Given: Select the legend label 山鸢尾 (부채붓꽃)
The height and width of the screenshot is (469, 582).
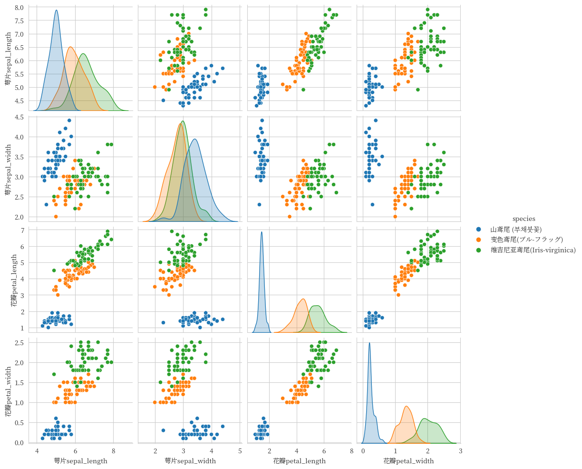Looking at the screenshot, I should pos(516,230).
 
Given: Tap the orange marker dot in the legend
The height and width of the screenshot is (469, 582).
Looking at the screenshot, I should pos(479,239).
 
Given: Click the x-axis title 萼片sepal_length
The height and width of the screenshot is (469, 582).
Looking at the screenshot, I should pos(80,461).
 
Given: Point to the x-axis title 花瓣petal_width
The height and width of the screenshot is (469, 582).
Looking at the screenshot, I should pos(408,461).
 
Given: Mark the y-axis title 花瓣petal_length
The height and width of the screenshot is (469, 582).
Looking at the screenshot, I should pos(14,279).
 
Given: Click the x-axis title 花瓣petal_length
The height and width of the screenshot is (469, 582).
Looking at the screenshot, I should pos(299,461).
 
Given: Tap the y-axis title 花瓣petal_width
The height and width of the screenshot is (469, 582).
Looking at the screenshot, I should pos(8,391).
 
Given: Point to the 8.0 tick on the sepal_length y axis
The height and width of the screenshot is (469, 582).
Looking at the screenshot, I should pos(19,8).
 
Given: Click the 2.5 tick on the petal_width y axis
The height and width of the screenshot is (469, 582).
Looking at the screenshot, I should pos(19,343).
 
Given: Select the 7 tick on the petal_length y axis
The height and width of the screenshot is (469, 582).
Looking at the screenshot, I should pos(22,230).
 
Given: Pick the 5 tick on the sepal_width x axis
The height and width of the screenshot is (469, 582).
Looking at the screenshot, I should pos(240,451).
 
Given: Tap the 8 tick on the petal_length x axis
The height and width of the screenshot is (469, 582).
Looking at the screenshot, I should pos(351,451).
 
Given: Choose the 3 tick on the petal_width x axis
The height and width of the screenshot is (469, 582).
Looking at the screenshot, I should pos(460,451).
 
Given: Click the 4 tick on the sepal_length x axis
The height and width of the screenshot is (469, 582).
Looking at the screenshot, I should pos(38,451).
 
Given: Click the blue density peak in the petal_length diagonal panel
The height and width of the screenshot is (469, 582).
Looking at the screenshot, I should pos(262,232).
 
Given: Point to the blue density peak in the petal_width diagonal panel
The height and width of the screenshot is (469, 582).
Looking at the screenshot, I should pos(369,343).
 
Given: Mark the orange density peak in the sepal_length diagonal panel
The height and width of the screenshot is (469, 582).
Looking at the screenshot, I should pos(70,47).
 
